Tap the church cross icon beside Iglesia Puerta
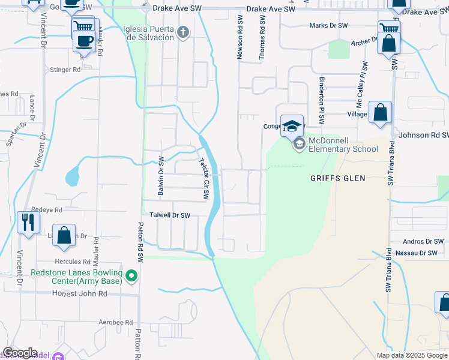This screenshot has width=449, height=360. [x=184, y=32]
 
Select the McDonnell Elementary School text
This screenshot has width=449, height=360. [x=343, y=145]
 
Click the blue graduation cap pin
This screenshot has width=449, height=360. [x=292, y=126]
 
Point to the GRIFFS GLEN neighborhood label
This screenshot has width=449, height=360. [x=337, y=178]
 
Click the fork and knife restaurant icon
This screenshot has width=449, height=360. [x=28, y=222]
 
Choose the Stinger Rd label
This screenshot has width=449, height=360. [x=65, y=70]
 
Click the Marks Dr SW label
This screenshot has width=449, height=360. [x=328, y=25]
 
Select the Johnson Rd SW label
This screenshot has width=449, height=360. [x=423, y=135]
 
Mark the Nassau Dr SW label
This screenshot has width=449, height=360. [x=420, y=253]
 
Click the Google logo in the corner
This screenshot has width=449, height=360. [x=20, y=353]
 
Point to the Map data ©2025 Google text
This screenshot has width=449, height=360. [x=411, y=355]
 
